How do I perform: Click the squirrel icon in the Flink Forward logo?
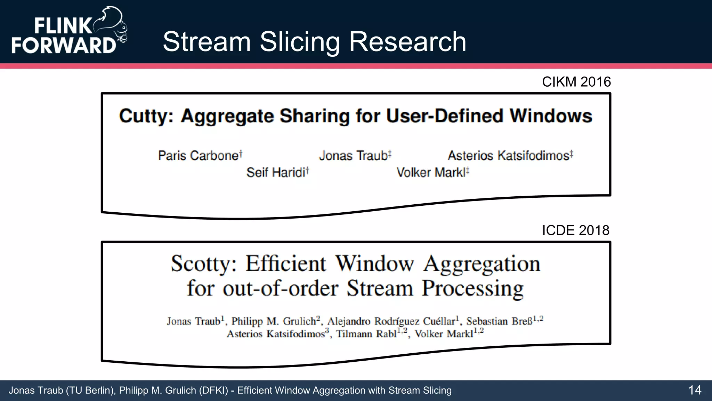112,24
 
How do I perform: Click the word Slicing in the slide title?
299,42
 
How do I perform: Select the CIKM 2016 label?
576,82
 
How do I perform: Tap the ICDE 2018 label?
575,230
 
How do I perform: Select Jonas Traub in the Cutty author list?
353,156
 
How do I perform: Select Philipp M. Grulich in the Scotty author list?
274,321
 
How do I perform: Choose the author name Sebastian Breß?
499,321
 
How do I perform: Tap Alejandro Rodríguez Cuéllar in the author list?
391,321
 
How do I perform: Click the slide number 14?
695,390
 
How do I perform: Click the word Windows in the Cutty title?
551,116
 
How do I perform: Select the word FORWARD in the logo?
64,45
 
